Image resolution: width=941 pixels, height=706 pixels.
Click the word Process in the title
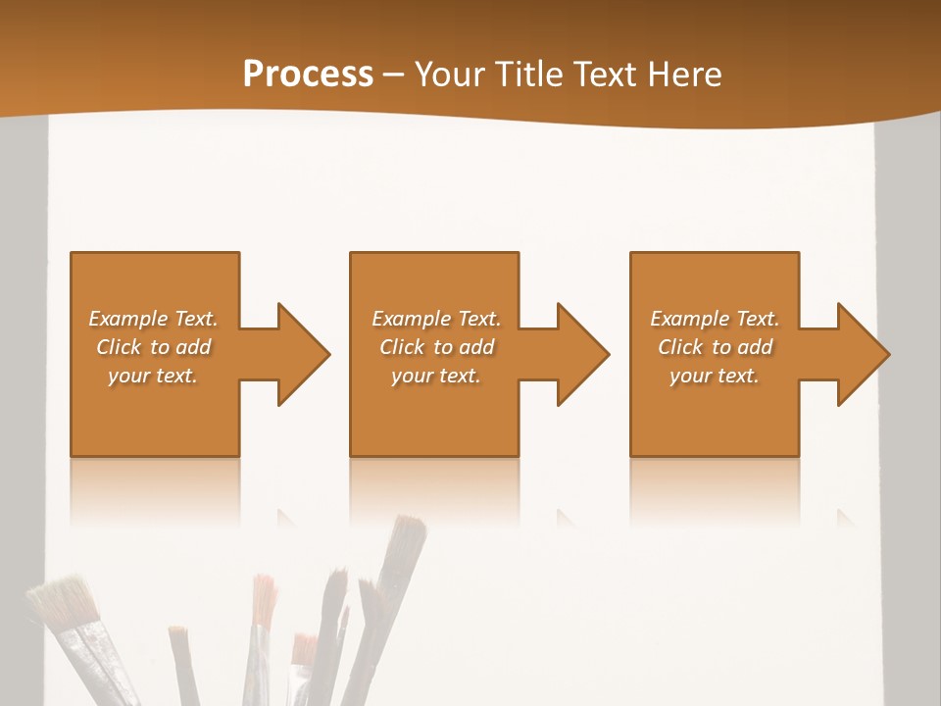pos(308,75)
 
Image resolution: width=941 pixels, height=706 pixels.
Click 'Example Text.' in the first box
pos(154,319)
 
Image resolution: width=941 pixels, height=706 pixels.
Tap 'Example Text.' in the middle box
pos(436,319)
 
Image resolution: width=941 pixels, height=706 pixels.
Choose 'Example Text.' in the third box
pos(715,319)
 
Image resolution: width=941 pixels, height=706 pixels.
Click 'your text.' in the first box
pos(153,376)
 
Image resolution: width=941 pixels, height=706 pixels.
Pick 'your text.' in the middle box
pos(436,376)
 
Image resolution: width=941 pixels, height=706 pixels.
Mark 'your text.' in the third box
pos(715,376)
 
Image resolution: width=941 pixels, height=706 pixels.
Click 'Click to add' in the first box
pos(154,347)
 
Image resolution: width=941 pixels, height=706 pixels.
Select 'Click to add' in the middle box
pos(436,347)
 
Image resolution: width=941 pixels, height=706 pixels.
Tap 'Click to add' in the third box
pos(715,347)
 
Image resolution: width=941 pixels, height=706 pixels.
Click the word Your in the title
pos(449,75)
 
